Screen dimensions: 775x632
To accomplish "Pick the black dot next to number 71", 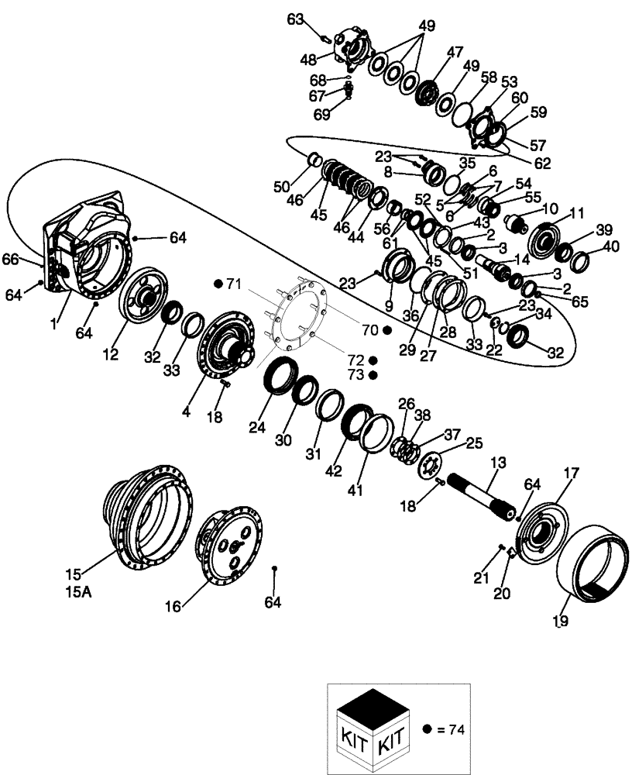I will pyautogui.click(x=220, y=284).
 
